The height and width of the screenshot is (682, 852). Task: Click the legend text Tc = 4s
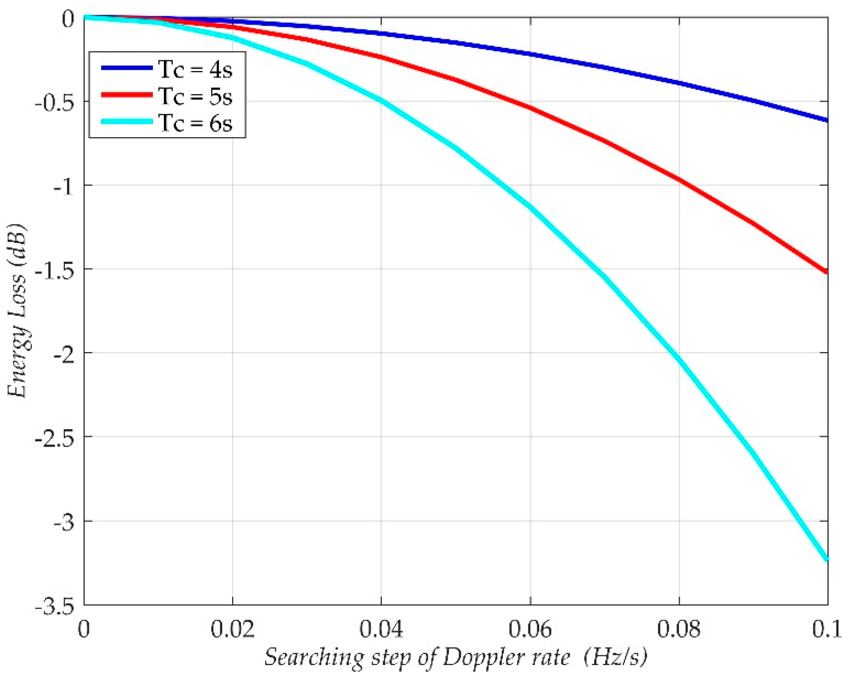click(x=195, y=69)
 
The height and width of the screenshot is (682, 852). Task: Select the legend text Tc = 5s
click(x=195, y=96)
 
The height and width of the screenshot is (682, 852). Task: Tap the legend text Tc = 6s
click(x=195, y=123)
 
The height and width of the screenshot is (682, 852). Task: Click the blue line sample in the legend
click(x=127, y=68)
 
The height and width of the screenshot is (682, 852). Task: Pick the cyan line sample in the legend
click(x=127, y=122)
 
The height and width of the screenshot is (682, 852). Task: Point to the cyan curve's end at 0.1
click(x=827, y=559)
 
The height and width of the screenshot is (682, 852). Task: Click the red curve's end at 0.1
click(x=827, y=272)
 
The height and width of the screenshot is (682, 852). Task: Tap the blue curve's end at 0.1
click(x=827, y=120)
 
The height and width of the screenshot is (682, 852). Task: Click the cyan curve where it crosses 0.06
click(x=530, y=207)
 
